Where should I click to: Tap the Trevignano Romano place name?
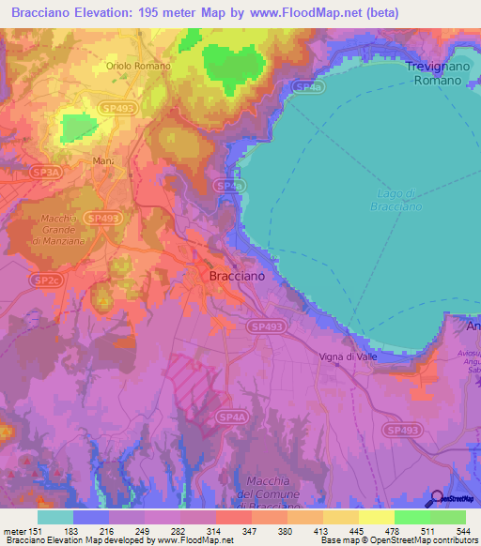(x=433, y=73)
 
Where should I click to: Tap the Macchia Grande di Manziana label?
(x=64, y=230)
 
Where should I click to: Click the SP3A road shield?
(x=43, y=174)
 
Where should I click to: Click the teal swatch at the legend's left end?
(x=55, y=517)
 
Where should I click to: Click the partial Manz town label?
(x=103, y=162)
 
